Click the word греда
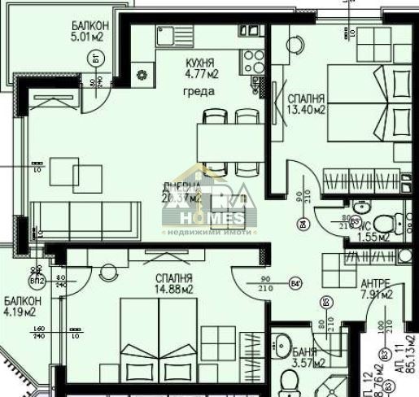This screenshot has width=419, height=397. (x=199, y=92)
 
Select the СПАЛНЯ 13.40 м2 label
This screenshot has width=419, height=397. (x=307, y=103)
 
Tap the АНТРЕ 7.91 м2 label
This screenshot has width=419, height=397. (x=377, y=290)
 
